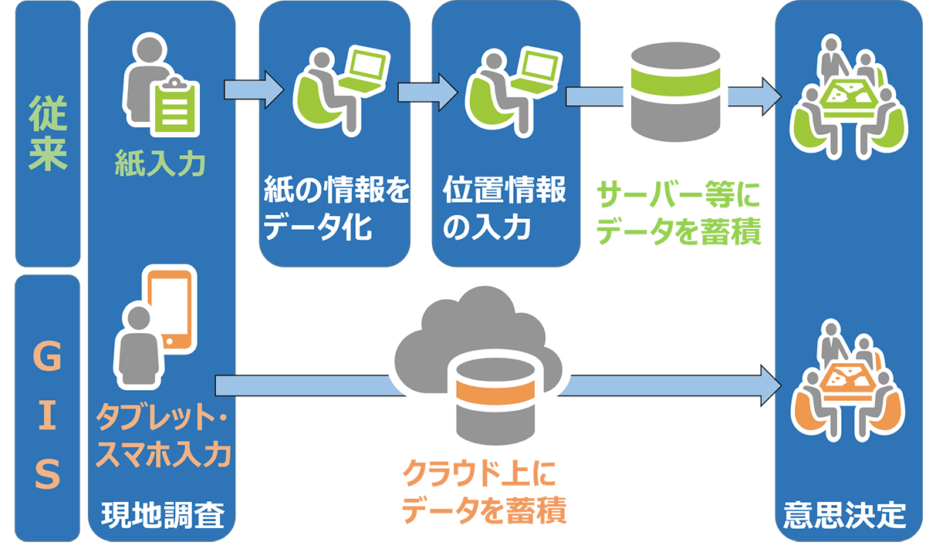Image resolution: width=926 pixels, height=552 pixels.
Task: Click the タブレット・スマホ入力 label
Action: click(x=163, y=437)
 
